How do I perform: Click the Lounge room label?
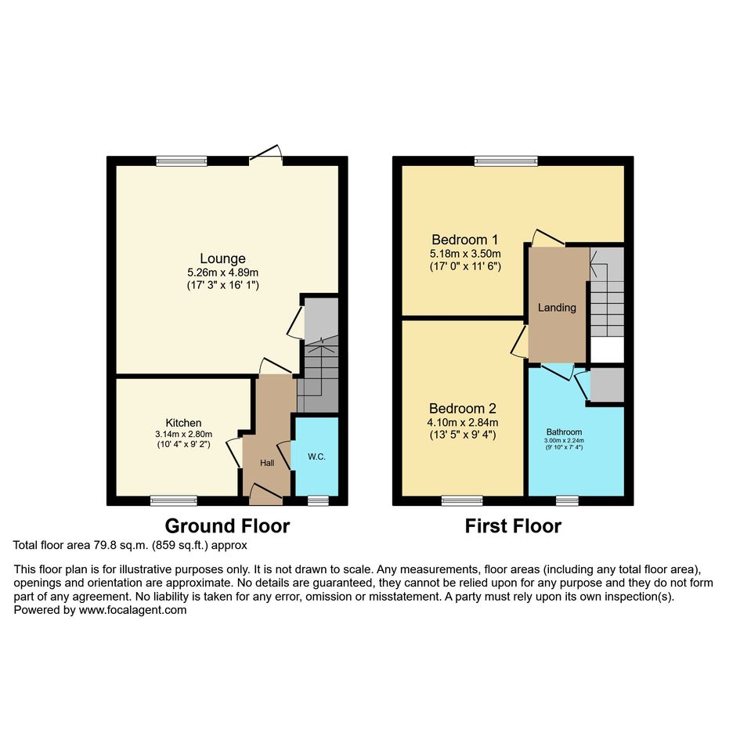222,258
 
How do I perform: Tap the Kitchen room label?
183,423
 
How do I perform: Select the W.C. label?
316,457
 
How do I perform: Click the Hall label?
267,463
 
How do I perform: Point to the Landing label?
557,308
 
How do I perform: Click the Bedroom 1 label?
465,240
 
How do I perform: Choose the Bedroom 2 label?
463,408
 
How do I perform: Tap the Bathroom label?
564,431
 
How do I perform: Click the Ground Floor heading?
227,525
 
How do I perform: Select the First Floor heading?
514,525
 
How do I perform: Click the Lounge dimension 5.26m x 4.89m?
222,273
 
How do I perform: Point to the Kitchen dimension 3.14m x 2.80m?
183,434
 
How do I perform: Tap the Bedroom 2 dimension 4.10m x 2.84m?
463,422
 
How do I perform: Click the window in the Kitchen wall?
174,500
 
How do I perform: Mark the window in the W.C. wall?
318,500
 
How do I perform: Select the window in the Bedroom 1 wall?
506,161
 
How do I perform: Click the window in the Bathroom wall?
567,500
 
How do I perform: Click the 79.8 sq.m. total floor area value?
121,546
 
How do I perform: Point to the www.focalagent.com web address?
132,610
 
